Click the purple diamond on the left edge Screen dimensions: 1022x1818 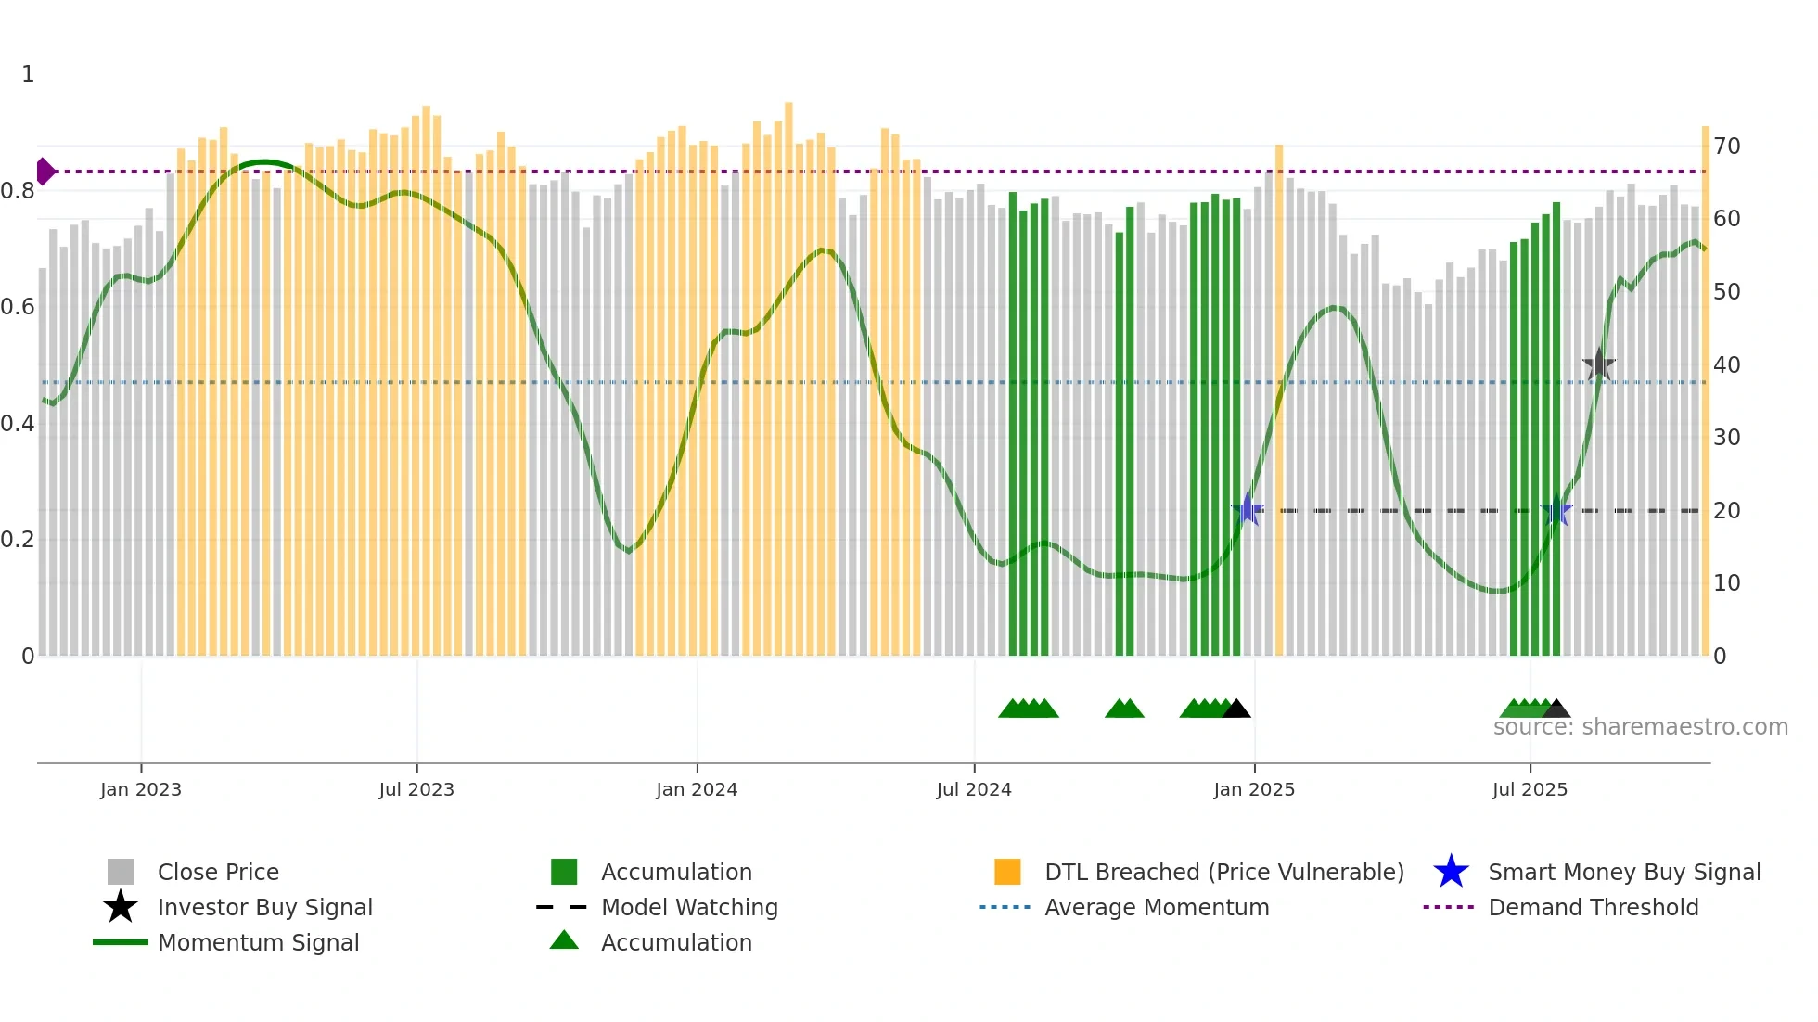[45, 172]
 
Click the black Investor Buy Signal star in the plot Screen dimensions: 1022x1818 [1598, 365]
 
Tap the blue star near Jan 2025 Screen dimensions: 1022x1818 [1248, 509]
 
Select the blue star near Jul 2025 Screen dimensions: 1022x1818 [1556, 511]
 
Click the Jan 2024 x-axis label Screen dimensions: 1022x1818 [697, 789]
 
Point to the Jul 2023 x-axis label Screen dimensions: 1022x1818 [416, 789]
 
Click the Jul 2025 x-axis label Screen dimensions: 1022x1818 [1530, 789]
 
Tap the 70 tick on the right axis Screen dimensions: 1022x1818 [1726, 147]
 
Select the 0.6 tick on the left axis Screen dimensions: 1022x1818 [18, 307]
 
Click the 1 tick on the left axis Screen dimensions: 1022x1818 [28, 74]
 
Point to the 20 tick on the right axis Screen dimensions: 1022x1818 [1726, 511]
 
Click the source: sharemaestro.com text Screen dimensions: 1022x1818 [1640, 727]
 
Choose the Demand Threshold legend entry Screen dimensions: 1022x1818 [1593, 907]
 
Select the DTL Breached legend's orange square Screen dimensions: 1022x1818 [1007, 872]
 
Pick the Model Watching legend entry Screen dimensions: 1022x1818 [688, 907]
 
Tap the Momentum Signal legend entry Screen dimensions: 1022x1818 [257, 942]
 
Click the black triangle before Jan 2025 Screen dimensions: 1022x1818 [1236, 709]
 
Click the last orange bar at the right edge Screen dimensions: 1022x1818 [1705, 390]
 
